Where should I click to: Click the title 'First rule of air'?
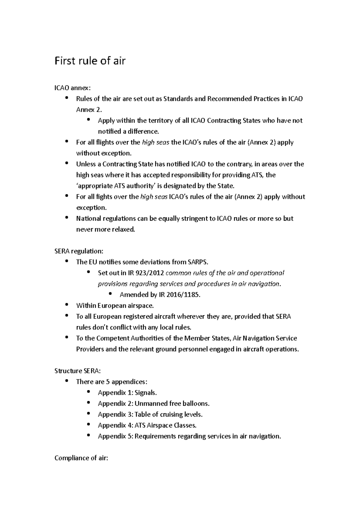point(90,61)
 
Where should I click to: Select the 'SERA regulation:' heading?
point(79,251)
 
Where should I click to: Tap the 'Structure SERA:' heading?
point(77,371)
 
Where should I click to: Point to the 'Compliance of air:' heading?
point(81,458)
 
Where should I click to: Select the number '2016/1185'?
point(184,295)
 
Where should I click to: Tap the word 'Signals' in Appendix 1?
point(145,393)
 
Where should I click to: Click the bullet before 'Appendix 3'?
point(88,414)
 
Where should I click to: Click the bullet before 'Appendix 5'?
point(88,435)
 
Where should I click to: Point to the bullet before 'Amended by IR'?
point(110,294)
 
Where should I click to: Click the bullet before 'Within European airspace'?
point(67,305)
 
